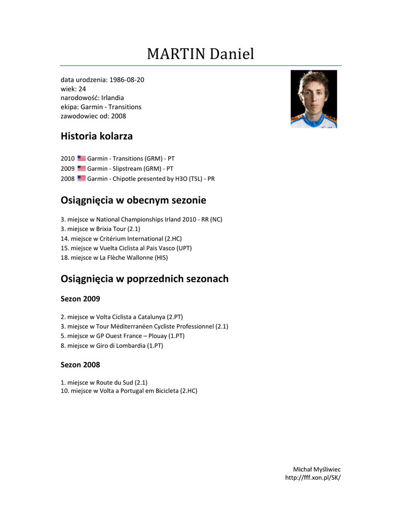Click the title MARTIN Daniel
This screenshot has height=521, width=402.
pos(200,53)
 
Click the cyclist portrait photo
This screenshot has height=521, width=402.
pos(314,99)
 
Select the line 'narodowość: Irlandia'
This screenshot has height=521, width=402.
pos(92,98)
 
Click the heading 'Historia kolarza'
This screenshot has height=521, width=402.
pos(97,136)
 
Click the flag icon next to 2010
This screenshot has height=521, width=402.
pos(81,159)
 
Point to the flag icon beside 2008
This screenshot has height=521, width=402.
pos(81,179)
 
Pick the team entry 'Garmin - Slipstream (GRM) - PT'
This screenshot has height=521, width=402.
pos(130,168)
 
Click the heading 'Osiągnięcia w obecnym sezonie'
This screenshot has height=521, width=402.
pos(133,200)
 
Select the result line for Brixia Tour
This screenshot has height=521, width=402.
pos(100,229)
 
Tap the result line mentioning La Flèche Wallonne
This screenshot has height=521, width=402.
pos(114,258)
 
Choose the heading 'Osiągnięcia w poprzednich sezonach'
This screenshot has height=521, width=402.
pos(144,279)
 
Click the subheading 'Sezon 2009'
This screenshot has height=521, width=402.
pos(80,299)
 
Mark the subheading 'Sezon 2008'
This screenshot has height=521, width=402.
pos(80,365)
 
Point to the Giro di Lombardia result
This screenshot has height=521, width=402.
pos(112,345)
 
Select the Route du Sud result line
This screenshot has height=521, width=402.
pos(104,382)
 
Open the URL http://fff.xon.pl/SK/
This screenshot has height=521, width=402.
pos(313,478)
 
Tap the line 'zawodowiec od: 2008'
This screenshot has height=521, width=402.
pos(94,116)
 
